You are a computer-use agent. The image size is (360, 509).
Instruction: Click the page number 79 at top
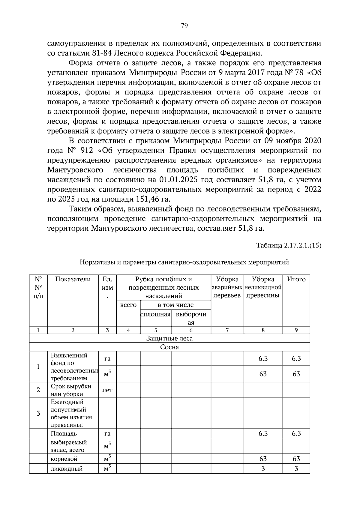point(184,26)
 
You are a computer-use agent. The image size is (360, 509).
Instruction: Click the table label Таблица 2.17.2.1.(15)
point(289,245)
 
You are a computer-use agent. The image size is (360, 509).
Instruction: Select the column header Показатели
point(73,279)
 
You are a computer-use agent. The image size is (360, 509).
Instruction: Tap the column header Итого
point(296,279)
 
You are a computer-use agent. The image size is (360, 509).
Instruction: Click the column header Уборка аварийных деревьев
point(227,287)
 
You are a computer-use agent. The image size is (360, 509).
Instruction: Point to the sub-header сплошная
point(155,314)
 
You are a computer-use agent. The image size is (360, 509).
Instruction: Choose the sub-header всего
point(128,305)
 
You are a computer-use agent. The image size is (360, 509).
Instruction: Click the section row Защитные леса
point(169,338)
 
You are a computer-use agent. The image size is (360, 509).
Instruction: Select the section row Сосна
point(169,347)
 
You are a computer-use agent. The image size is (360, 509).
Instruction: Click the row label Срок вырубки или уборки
point(71,390)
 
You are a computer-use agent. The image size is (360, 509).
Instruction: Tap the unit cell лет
point(107,390)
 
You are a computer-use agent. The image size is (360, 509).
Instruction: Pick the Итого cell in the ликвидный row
point(296,469)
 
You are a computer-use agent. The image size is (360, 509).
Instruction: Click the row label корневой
point(64,459)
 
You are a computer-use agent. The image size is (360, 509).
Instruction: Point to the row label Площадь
point(64,433)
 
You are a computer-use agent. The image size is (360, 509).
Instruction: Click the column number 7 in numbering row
point(227,330)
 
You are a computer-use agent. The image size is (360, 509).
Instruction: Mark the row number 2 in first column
point(38,390)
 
